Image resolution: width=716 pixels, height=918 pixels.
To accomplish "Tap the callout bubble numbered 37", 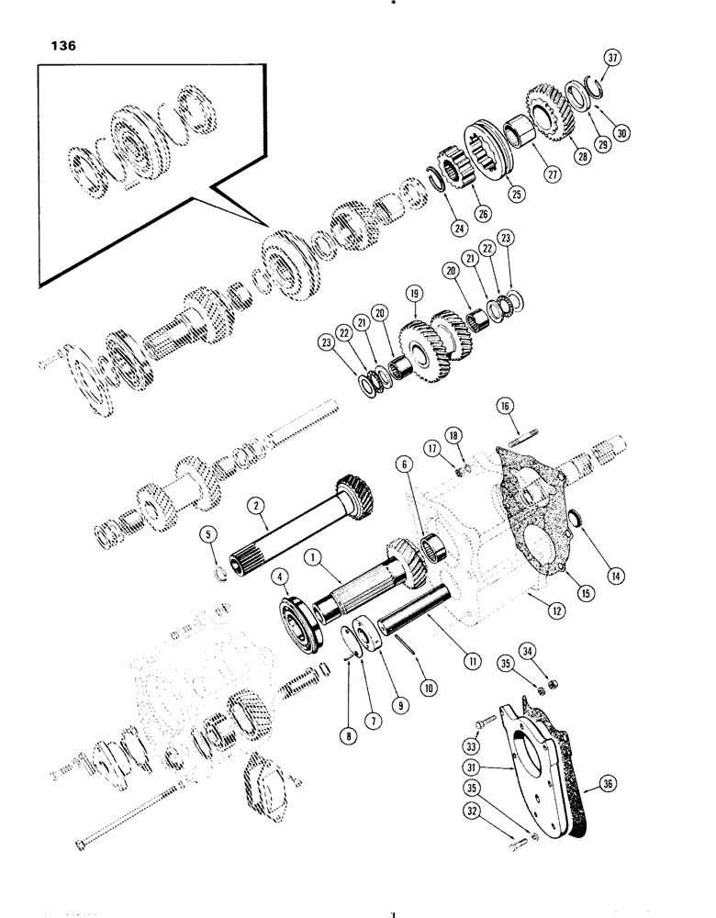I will [611, 61].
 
